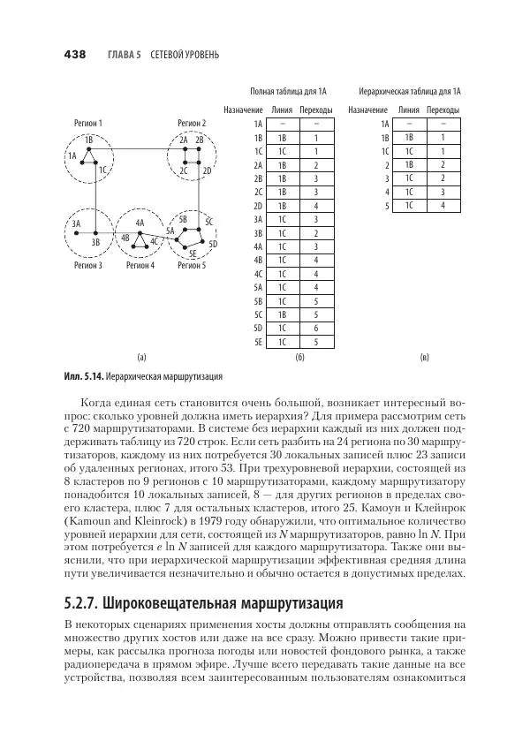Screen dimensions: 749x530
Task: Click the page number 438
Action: [74, 54]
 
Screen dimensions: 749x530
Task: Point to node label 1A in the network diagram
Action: [72, 155]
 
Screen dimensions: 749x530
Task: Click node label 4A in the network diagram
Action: [140, 223]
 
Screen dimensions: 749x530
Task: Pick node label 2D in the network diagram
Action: [207, 170]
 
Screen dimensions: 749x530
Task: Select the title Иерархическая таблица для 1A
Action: [410, 91]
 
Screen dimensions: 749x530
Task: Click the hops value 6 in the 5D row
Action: [315, 328]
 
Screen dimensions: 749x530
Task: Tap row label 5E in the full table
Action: [258, 340]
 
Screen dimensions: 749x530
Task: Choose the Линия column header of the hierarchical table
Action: [409, 110]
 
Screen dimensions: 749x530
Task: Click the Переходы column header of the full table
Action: [316, 110]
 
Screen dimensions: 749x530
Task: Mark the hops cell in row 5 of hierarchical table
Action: [442, 206]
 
